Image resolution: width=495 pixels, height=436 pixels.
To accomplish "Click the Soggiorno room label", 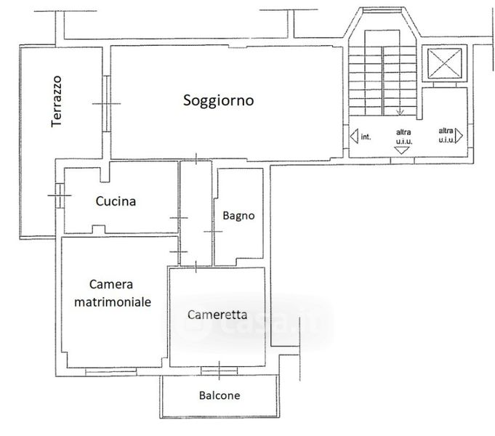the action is [x=218, y=101].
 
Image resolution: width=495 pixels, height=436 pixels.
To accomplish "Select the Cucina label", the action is [x=116, y=202].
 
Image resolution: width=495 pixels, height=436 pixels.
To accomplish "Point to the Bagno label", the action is [x=238, y=215].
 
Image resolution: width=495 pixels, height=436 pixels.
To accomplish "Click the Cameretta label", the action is [x=217, y=315].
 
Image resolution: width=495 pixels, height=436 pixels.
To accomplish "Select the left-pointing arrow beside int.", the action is [x=354, y=135].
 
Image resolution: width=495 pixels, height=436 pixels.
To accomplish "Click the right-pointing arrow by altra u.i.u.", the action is [x=460, y=135].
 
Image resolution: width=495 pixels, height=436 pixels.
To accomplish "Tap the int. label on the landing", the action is [x=366, y=136].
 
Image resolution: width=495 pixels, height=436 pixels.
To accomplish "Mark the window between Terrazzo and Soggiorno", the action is [x=107, y=104].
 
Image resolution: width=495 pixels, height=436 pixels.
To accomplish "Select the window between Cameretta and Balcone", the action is [x=219, y=371].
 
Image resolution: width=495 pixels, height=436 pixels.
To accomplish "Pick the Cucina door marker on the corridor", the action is [x=179, y=218].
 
